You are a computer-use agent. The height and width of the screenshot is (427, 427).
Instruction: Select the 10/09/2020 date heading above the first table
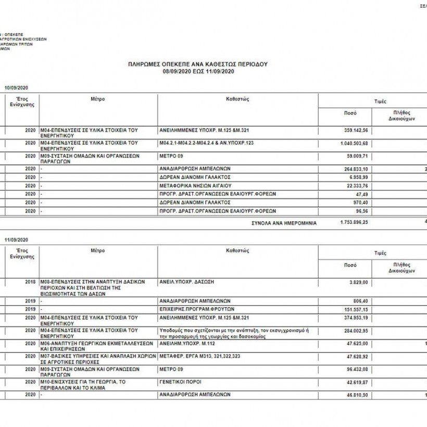point(16,87)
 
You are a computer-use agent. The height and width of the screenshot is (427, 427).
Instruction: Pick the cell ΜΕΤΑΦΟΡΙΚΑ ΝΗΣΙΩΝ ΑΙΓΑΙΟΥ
point(194,185)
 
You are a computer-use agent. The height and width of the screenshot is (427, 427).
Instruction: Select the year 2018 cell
point(30,282)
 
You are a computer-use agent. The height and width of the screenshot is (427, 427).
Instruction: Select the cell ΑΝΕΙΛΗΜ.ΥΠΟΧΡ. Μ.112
point(187,344)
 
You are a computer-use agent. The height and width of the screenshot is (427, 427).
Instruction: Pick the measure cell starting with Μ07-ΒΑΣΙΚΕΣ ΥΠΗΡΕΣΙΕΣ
point(97,359)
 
